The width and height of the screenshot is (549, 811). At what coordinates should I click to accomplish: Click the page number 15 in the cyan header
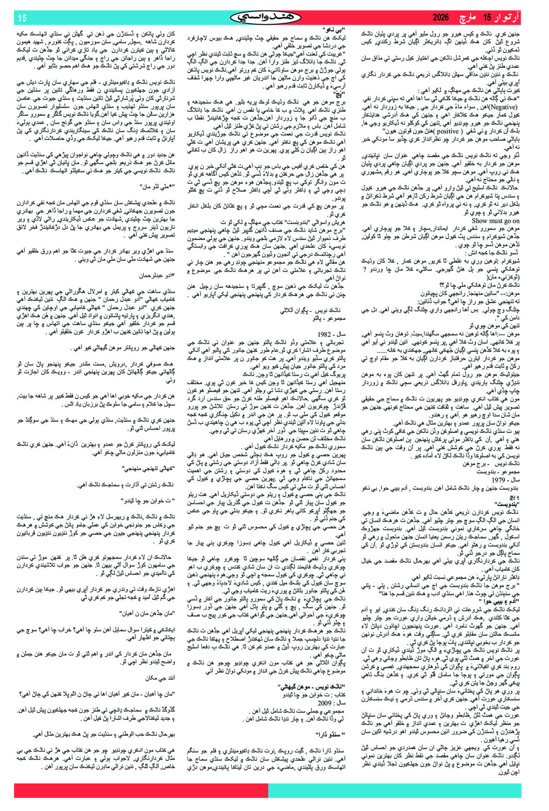[22, 18]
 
